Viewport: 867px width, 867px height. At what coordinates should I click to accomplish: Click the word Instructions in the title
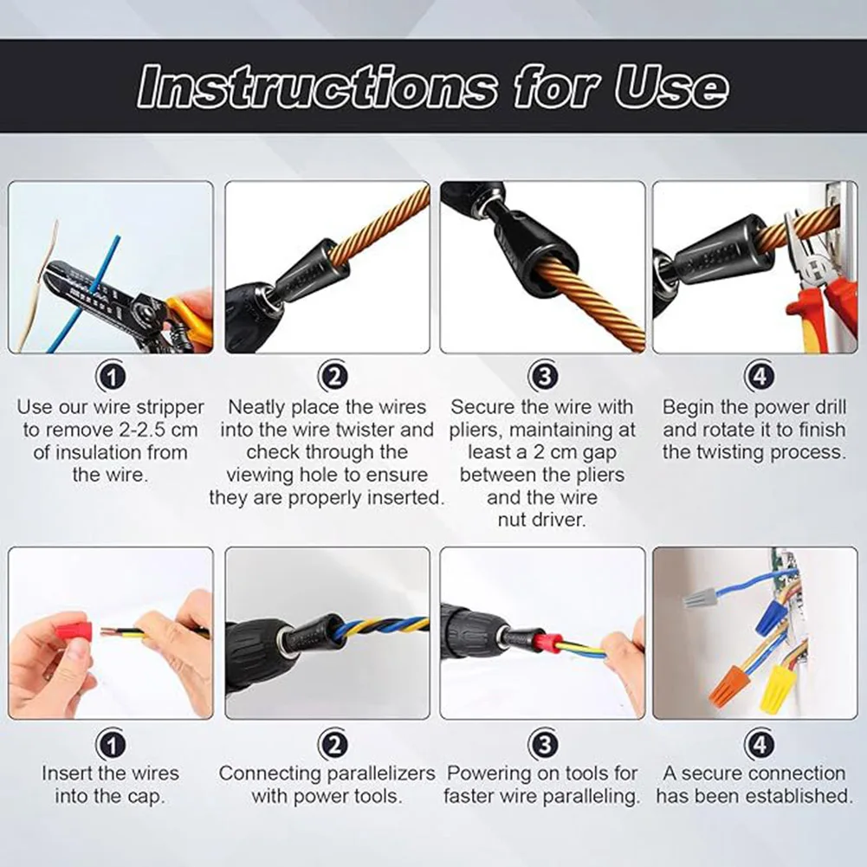(317, 87)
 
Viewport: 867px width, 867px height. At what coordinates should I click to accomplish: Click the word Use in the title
(671, 87)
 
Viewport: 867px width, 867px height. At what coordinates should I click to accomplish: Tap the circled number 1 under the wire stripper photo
(111, 377)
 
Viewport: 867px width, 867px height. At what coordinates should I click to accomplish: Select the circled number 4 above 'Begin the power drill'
(760, 376)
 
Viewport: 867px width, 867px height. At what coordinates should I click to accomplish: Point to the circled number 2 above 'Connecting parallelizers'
(333, 744)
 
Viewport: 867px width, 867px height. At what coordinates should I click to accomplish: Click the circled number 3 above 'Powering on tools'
(544, 744)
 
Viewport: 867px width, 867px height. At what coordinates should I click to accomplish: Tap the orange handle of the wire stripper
(191, 320)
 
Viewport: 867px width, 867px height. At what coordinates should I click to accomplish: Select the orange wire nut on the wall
(728, 683)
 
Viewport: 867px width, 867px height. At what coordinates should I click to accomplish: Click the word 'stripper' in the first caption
(171, 407)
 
